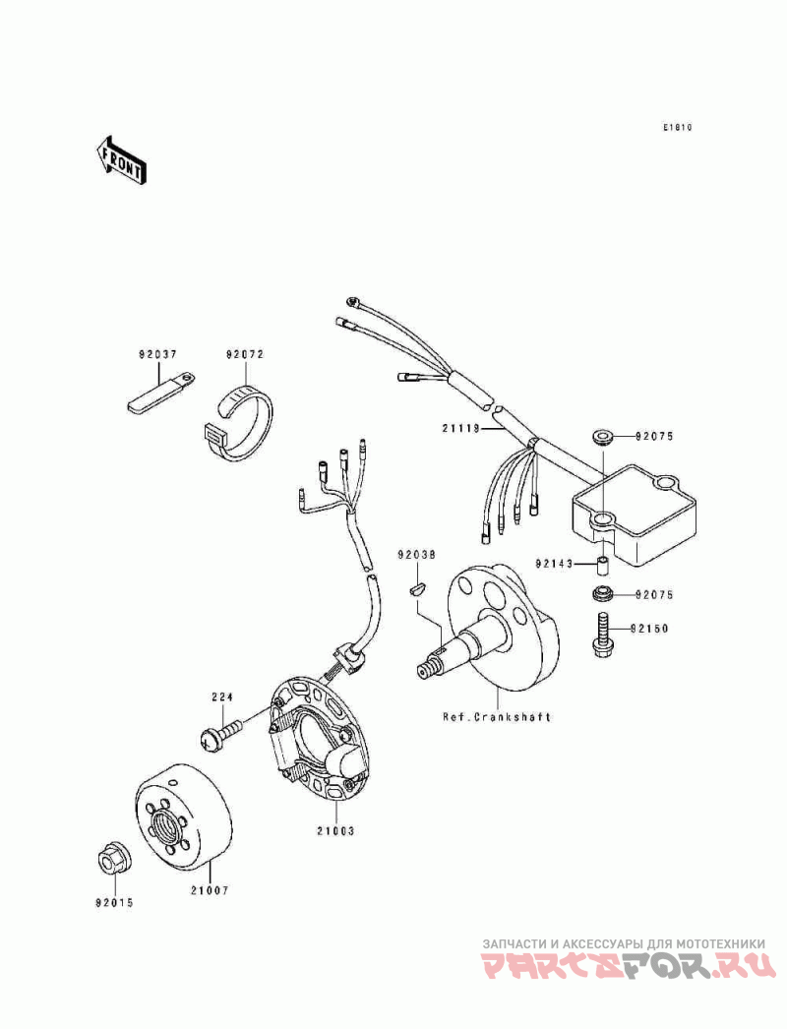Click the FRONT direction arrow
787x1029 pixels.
coord(121,158)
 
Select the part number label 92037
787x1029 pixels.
coord(156,354)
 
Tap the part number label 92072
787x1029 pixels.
coord(245,354)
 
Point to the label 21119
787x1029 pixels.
coord(459,428)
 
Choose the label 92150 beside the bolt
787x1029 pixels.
coord(652,627)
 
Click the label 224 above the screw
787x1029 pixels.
coord(220,697)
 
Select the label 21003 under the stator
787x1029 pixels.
coord(334,831)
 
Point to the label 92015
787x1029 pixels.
coord(114,901)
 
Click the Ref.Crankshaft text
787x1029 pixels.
coord(496,717)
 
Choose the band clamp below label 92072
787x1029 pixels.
coord(242,420)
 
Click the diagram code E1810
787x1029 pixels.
coord(677,128)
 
